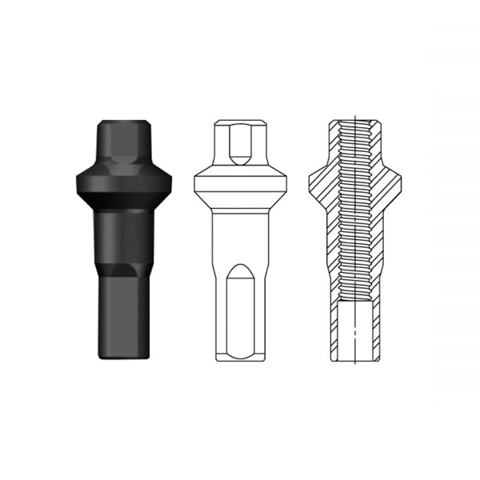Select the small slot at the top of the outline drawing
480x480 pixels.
pyautogui.click(x=238, y=144)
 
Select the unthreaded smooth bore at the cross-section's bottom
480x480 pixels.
pyautogui.click(x=352, y=328)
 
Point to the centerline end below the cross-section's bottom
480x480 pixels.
pyautogui.click(x=352, y=366)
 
